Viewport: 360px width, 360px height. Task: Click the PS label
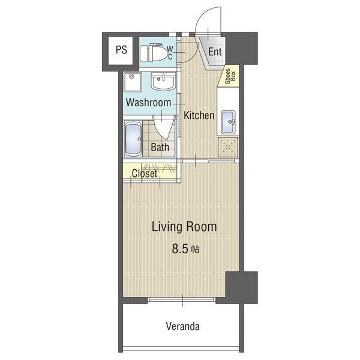point(121,50)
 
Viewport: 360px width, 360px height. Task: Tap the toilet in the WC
point(154,53)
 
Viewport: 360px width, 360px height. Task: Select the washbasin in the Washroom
point(163,81)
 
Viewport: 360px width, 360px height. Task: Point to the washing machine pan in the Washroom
point(133,82)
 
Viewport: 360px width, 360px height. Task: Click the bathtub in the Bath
point(133,139)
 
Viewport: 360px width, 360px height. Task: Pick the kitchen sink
point(228,122)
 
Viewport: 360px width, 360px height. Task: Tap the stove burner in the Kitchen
point(228,147)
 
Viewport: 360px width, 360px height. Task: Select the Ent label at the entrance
point(215,52)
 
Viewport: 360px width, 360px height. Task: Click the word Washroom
point(148,102)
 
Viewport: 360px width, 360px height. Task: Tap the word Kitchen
point(199,115)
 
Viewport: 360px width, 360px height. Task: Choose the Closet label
point(145,173)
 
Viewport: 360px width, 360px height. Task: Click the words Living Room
point(184,227)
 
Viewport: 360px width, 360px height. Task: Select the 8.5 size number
point(180,249)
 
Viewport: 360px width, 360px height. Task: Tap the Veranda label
point(183,326)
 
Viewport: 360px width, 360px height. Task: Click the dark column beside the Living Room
point(242,287)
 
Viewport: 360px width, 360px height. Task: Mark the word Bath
point(160,147)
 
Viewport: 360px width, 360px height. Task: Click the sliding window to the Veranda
point(181,299)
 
